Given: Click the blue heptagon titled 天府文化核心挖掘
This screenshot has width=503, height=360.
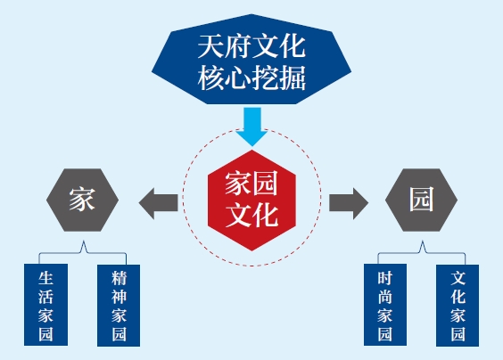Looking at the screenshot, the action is click(251, 60).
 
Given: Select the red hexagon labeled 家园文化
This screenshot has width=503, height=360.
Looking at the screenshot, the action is click(251, 200).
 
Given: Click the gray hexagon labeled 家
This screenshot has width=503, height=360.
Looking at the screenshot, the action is click(82, 200).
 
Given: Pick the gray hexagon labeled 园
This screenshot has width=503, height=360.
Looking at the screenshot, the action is click(421, 200).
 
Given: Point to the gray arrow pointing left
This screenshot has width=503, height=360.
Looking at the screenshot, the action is click(158, 203).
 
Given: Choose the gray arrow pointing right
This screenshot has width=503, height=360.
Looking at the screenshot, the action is click(349, 203).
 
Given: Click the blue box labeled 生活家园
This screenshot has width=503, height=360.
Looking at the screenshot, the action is click(45, 305).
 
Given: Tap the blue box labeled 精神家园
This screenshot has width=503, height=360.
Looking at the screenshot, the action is click(119, 306).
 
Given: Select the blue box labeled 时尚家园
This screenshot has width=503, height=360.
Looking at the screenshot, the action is click(385, 305).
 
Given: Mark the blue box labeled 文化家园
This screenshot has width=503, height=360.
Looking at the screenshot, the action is click(458, 306).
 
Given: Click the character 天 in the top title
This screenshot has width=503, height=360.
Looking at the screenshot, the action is click(211, 46).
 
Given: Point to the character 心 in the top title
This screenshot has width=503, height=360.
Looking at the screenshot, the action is click(238, 78).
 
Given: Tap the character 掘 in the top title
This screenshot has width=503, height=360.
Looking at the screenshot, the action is click(293, 78).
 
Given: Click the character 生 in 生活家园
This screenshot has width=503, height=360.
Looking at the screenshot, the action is click(45, 278).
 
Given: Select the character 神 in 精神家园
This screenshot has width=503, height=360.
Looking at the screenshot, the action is click(119, 297).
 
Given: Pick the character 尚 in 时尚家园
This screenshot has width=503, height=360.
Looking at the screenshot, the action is click(385, 297).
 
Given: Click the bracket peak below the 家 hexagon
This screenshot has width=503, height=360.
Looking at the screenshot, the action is click(84, 241).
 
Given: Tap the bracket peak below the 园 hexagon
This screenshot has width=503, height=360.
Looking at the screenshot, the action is click(423, 241).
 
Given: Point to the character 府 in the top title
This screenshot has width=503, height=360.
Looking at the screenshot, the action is click(238, 46).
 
